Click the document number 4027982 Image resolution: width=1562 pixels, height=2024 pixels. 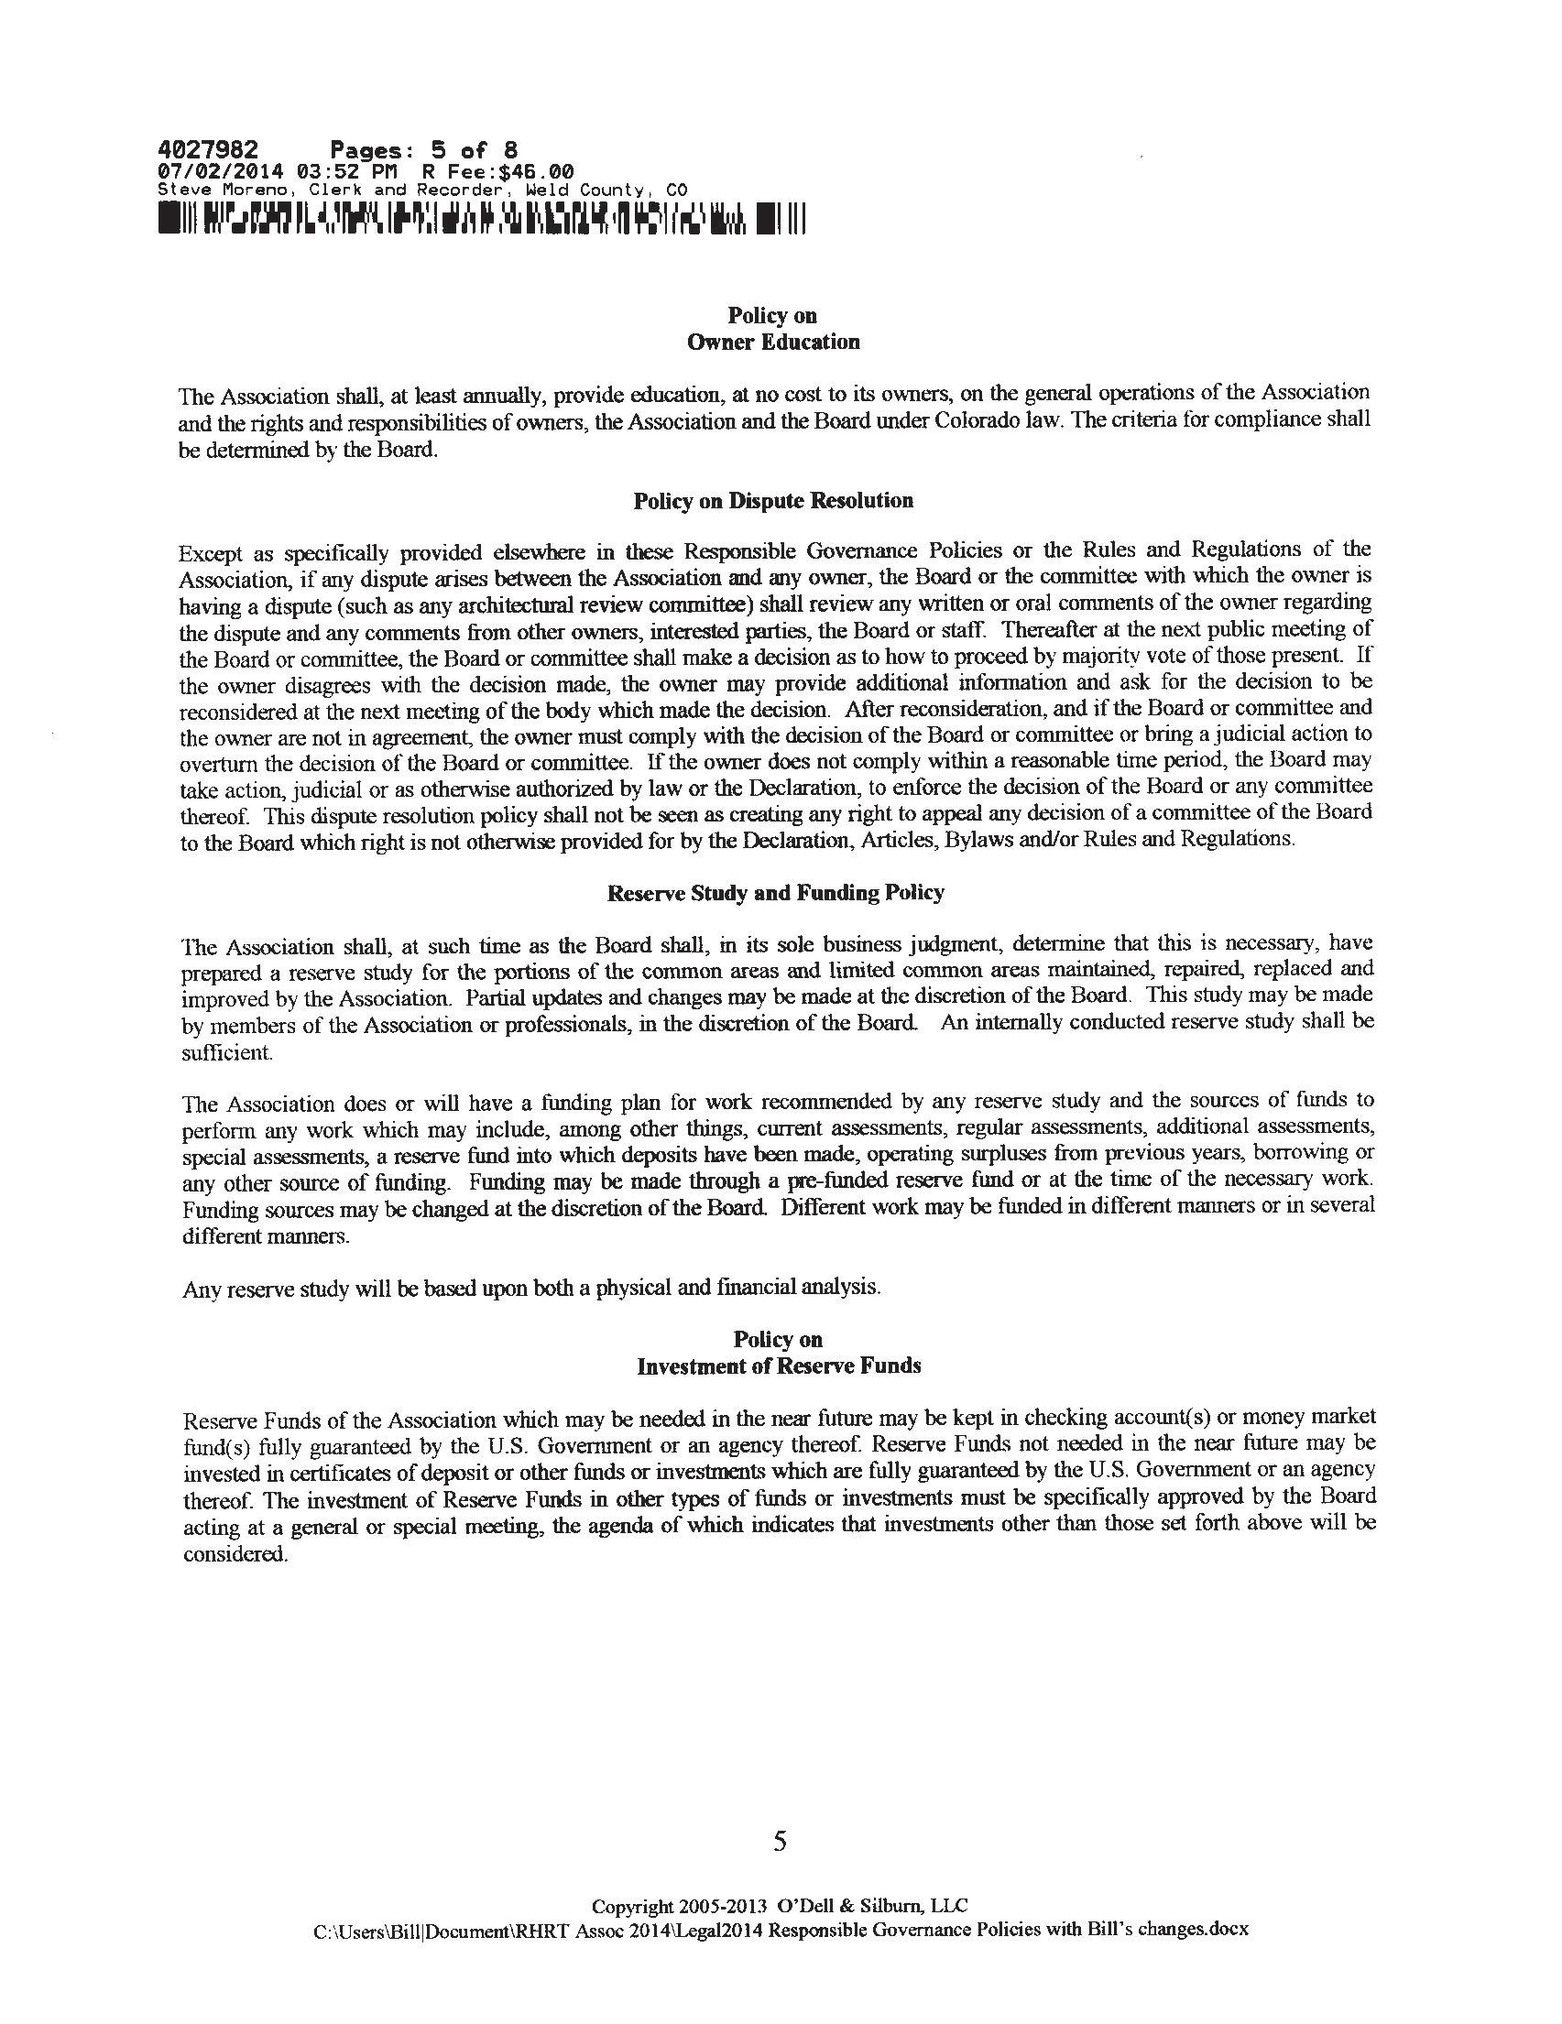click(x=208, y=150)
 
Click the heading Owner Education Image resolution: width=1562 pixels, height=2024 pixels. click(x=773, y=342)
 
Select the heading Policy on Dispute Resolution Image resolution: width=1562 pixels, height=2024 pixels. click(x=773, y=501)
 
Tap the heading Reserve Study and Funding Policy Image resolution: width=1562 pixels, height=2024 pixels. click(x=775, y=892)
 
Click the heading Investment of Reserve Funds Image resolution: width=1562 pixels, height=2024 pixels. click(x=779, y=1366)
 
